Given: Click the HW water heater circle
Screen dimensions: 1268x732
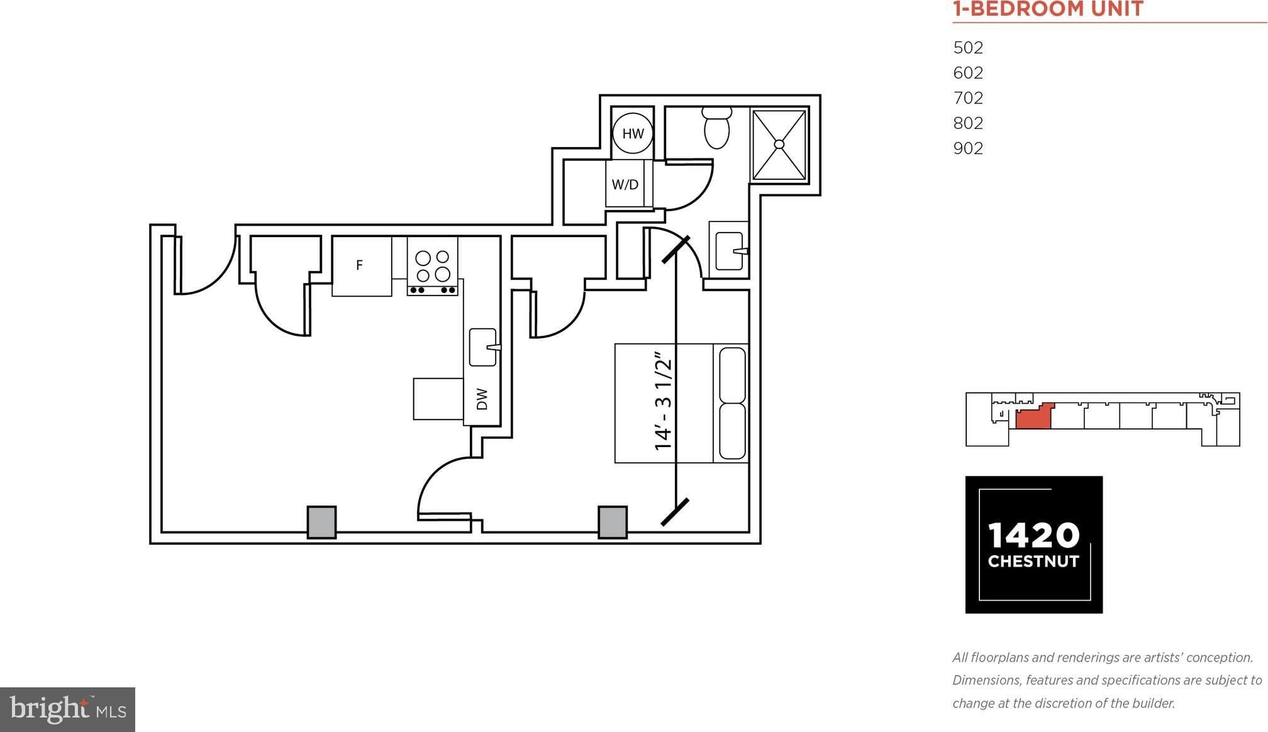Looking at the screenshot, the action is tap(633, 133).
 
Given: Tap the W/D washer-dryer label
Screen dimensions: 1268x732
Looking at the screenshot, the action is tap(625, 185).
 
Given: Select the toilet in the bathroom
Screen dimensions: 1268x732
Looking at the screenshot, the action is tap(716, 128).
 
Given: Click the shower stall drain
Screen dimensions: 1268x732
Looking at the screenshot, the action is tap(779, 144).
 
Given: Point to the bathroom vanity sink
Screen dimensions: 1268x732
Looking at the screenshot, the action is tap(730, 251).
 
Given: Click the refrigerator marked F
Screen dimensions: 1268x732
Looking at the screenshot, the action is tap(361, 265).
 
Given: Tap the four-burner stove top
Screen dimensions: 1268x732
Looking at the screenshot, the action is tap(433, 266).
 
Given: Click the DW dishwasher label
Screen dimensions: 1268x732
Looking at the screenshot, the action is tap(482, 399).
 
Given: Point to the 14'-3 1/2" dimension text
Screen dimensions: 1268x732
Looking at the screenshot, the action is tap(664, 404).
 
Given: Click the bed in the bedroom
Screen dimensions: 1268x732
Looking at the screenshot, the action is tap(681, 403).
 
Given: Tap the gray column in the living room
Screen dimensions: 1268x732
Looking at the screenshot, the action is tap(321, 522).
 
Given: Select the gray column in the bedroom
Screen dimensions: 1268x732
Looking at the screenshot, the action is tap(612, 522).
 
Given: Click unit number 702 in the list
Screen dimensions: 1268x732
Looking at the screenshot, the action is tap(968, 98).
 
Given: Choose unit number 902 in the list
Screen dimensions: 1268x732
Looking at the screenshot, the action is tap(968, 148).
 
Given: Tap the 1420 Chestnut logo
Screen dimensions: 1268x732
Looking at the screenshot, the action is tap(1033, 545).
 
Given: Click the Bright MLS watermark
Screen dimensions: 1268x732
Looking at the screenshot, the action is tap(67, 709).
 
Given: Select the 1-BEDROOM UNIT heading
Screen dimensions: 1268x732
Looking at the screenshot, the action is tap(1047, 9).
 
